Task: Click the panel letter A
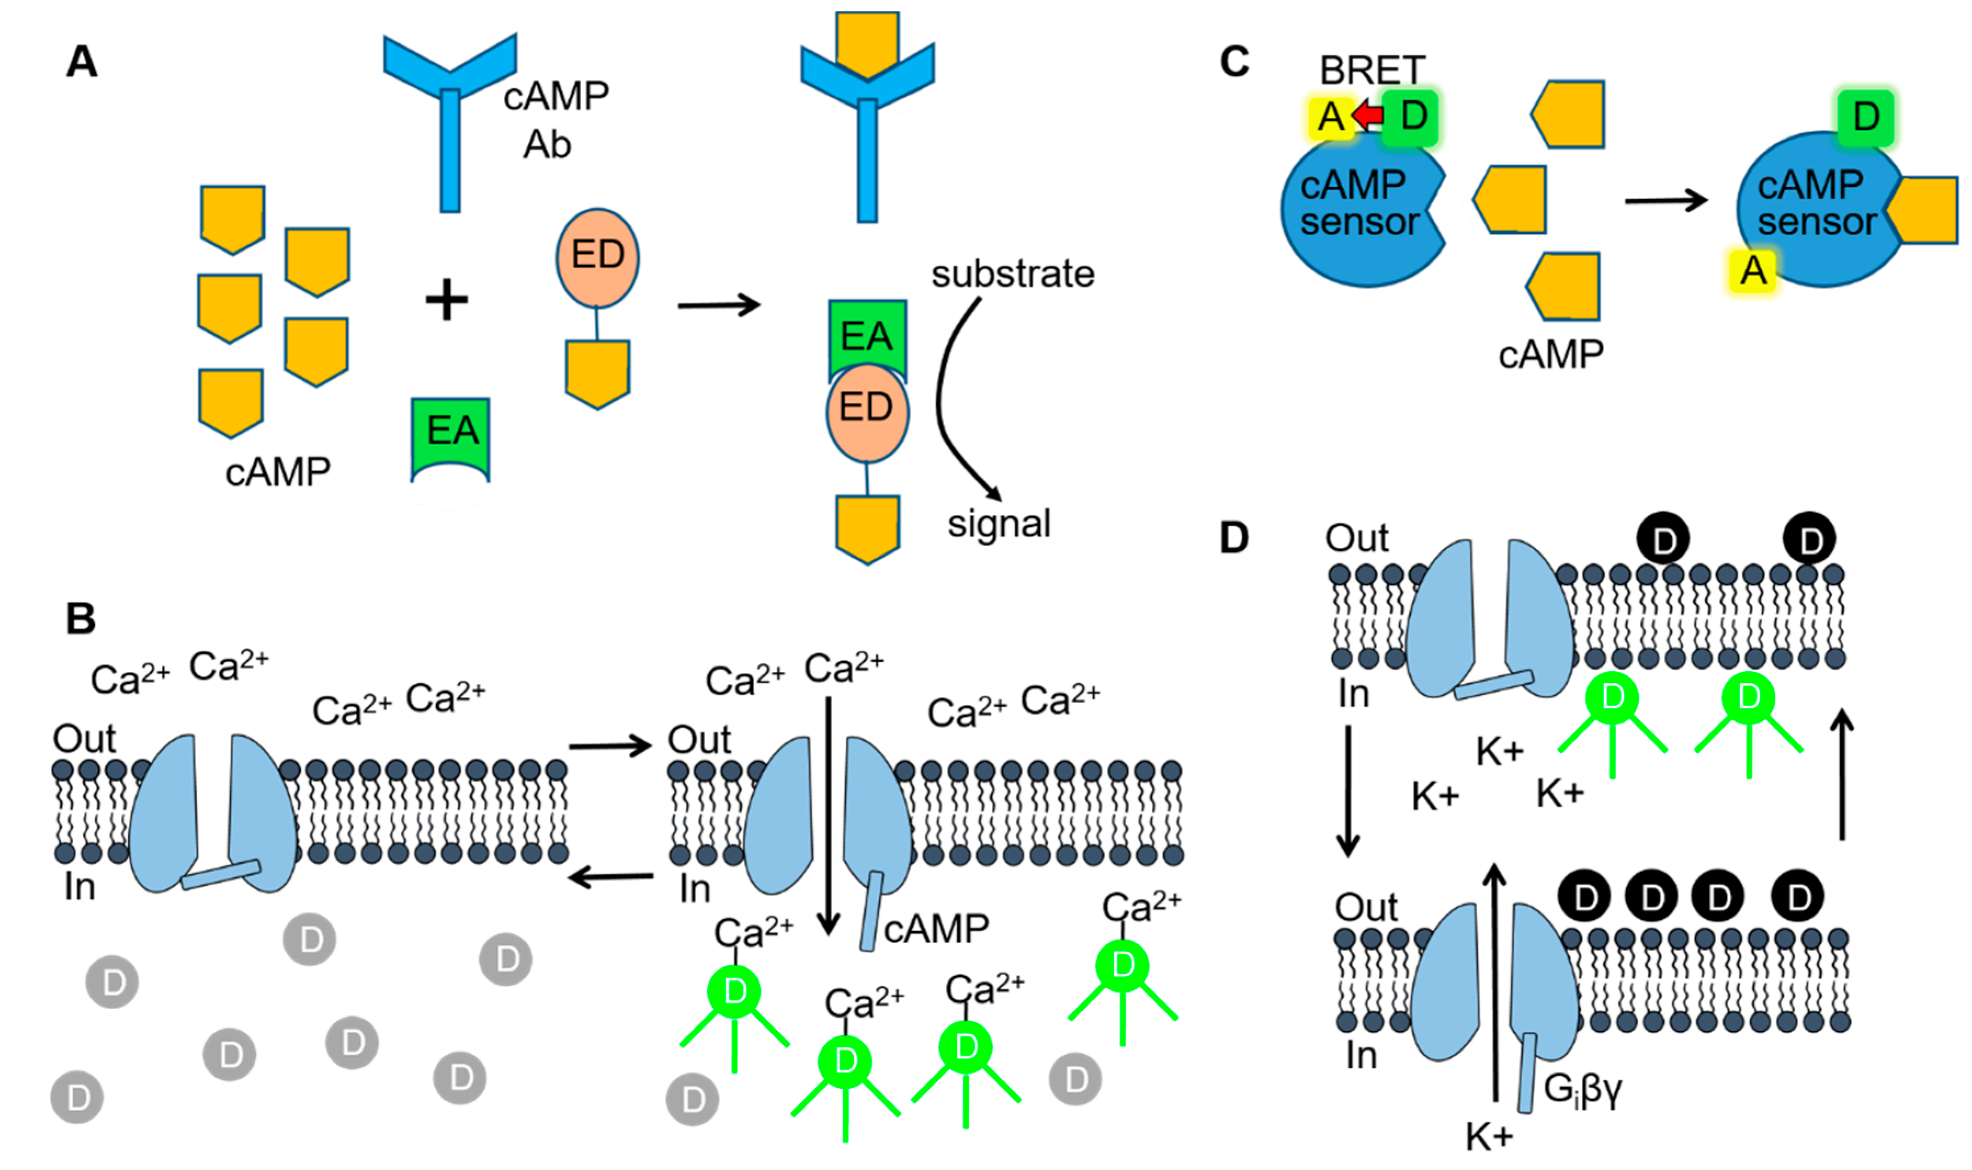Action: [82, 61]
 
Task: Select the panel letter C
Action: [1235, 61]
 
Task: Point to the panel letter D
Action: [1235, 538]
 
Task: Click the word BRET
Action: [1373, 70]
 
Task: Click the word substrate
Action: [1013, 273]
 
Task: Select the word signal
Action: [999, 523]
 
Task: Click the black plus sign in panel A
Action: [447, 300]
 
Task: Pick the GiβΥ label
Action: [1583, 1089]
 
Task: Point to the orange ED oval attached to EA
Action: [867, 412]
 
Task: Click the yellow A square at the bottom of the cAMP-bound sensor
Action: [1753, 270]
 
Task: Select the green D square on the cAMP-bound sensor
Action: [1866, 117]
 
